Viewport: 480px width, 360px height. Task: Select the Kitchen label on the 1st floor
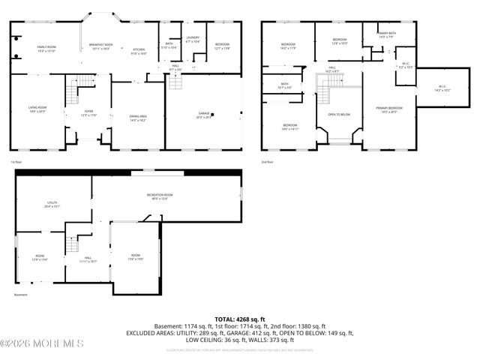point(139,51)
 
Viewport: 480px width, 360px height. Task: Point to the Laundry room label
point(193,39)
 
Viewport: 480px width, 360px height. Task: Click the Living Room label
point(37,109)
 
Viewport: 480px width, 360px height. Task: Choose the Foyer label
point(89,113)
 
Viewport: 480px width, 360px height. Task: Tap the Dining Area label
point(137,118)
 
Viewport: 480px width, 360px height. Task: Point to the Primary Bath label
point(387,35)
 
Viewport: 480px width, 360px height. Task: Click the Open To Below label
point(339,115)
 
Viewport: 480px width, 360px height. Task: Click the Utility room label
point(52,203)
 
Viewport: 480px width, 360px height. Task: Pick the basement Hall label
point(88,259)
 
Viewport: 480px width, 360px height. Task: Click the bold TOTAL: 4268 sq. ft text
point(240,319)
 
